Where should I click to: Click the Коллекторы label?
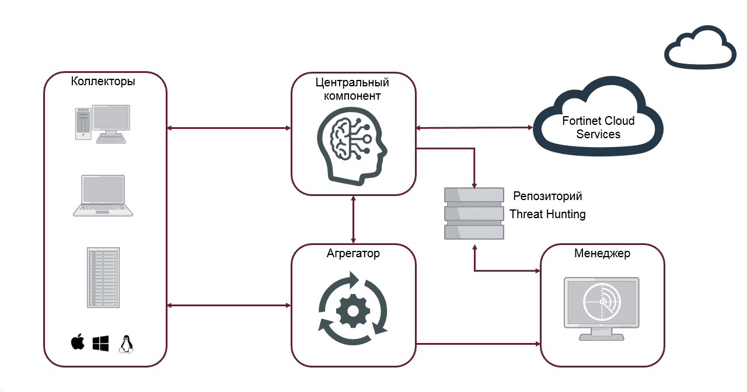[103, 81]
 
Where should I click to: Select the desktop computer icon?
[103, 124]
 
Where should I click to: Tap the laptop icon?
[103, 196]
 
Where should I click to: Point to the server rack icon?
[103, 278]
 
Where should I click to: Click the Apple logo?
[78, 343]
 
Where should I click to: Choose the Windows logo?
[100, 343]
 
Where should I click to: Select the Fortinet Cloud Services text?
[598, 127]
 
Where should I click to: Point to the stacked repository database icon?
[474, 213]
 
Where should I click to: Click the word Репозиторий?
[547, 195]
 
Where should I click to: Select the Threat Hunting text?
[547, 214]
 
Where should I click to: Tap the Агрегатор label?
[353, 254]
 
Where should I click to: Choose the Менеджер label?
[602, 254]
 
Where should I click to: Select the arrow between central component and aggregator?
[353, 219]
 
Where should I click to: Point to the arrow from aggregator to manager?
[479, 344]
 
